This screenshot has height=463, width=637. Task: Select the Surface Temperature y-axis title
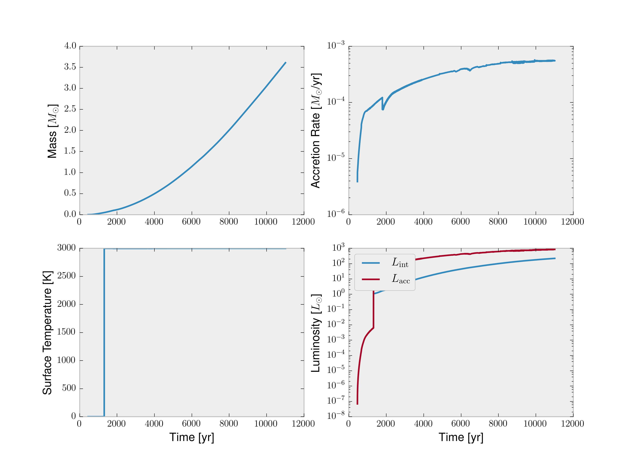coord(47,333)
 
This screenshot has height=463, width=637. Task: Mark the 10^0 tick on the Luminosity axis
coord(338,294)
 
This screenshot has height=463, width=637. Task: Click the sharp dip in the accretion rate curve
coord(383,109)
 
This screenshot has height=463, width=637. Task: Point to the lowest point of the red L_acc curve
coord(357,404)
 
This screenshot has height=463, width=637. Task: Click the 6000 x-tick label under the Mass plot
coord(191,222)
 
